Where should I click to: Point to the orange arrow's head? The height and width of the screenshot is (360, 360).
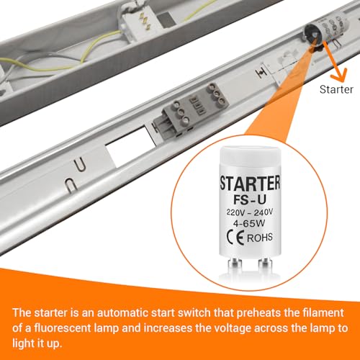click(x=334, y=73)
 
